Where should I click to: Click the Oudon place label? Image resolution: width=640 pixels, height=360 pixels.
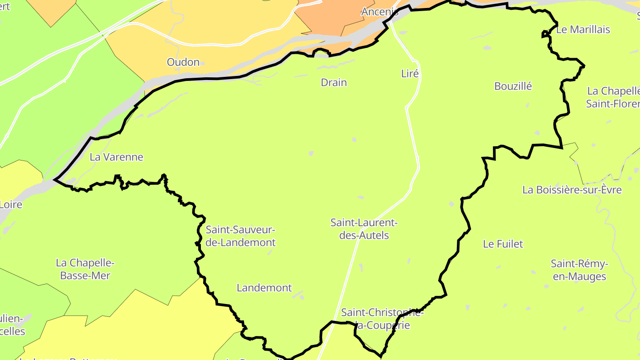pos(183,62)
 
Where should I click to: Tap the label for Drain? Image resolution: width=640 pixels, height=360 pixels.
pos(334,83)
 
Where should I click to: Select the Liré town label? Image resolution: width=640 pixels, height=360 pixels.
pos(410,74)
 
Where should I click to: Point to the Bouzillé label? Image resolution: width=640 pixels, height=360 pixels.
pos(513,86)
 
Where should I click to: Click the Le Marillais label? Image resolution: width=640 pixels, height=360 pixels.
pos(583,30)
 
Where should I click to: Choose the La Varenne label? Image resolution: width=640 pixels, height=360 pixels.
pos(116,157)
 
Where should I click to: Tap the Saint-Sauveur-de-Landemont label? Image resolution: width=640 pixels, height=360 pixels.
pos(240,236)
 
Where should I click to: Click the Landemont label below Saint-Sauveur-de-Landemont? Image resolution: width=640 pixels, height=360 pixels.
pos(264,288)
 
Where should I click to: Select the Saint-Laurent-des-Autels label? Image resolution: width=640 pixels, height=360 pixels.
pos(364,229)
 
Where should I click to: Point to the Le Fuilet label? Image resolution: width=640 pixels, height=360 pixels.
pos(503,244)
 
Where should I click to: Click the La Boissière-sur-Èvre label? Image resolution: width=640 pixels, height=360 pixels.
pos(572,190)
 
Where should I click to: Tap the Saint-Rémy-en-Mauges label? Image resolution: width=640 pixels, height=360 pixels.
pos(578,270)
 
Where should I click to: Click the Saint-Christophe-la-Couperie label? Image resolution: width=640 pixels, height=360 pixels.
pos(382,319)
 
